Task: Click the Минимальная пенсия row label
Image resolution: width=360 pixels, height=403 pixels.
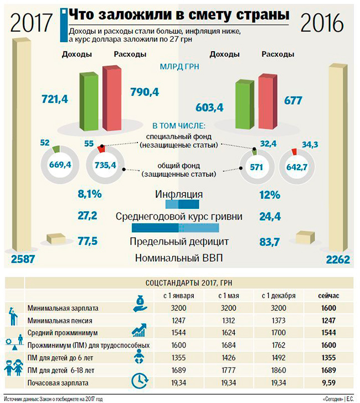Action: tap(59, 320)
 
